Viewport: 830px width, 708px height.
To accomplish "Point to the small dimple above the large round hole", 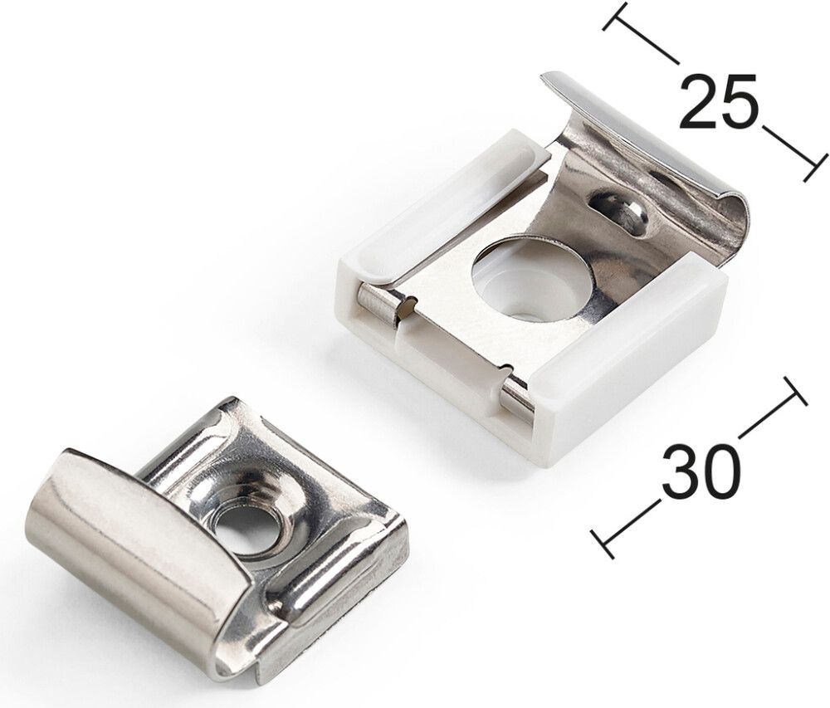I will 621,209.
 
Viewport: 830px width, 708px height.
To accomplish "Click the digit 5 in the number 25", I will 740,102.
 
